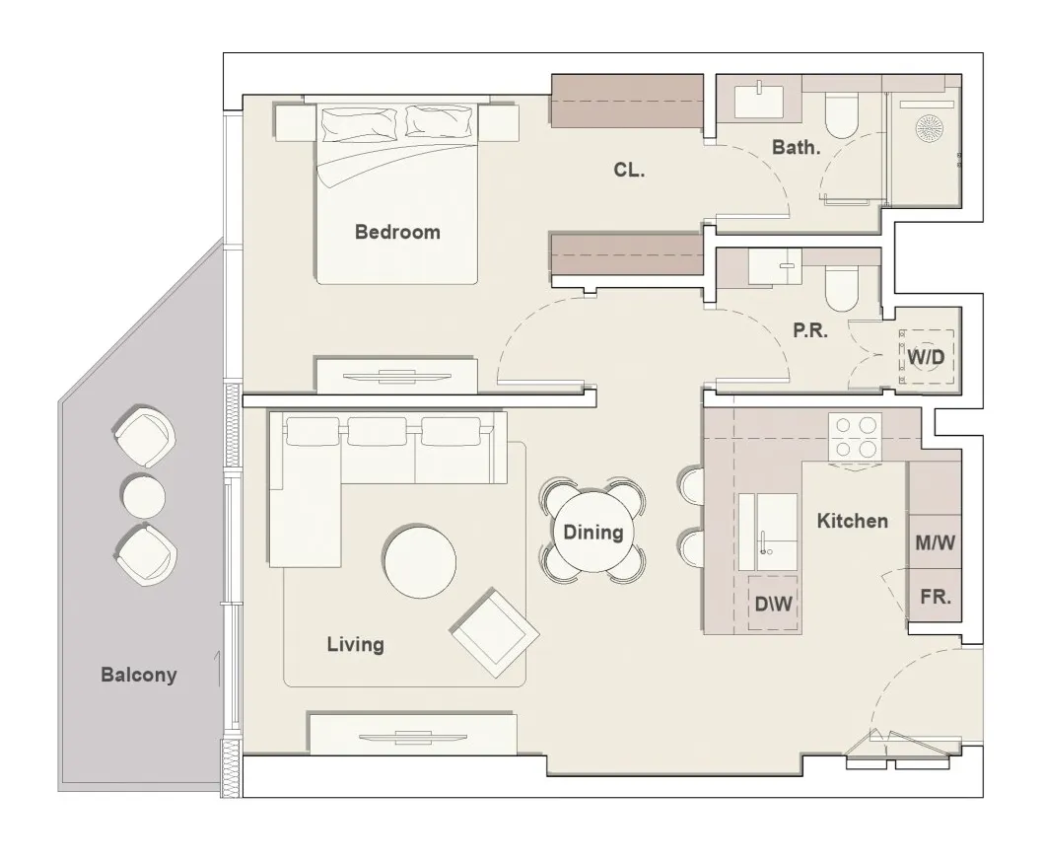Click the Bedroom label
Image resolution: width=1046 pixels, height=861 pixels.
coord(396,233)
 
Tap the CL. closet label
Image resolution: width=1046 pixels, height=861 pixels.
coord(629,170)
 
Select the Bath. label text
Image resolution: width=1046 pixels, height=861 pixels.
coord(796,148)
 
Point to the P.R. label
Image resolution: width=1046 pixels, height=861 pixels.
coord(809,331)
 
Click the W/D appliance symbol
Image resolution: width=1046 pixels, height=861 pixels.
coord(926,355)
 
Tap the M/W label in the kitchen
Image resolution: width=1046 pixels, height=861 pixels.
coord(934,542)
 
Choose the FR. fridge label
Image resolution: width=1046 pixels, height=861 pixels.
coord(935,597)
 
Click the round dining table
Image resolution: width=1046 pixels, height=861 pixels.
coord(593,534)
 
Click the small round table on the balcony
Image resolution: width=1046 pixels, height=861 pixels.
coord(144,495)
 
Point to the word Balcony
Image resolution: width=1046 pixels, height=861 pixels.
coord(139,676)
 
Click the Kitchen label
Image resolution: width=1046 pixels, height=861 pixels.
coord(852,521)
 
